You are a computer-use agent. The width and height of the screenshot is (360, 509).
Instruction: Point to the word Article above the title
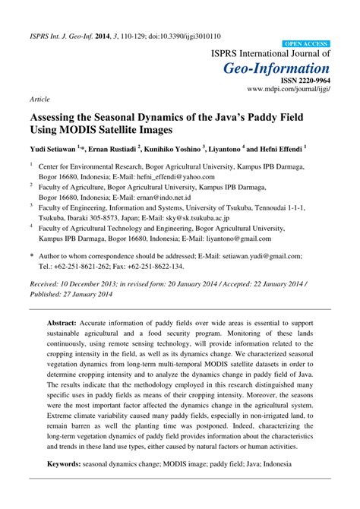pyautogui.click(x=40, y=99)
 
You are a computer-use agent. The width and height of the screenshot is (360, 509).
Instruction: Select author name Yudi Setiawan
pyautogui.click(x=54, y=149)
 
